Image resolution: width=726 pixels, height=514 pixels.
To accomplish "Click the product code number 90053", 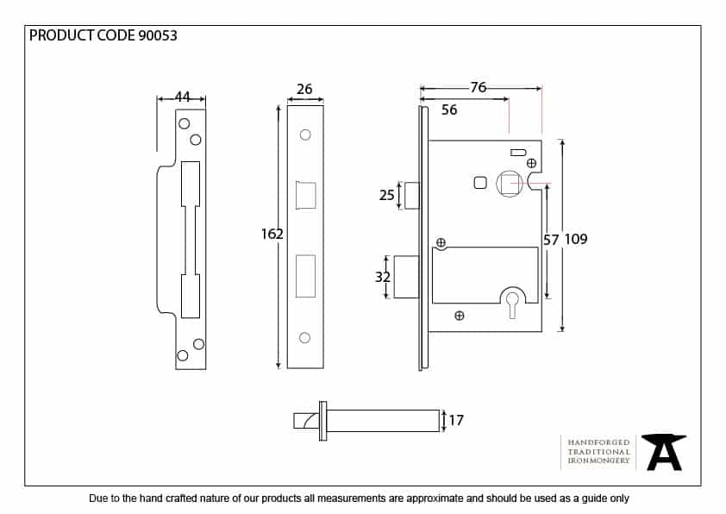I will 158,35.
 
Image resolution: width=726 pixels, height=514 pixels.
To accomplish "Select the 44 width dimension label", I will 182,97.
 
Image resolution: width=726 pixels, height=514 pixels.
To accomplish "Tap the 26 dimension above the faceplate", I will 304,90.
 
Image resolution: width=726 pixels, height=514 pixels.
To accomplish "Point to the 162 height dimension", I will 272,233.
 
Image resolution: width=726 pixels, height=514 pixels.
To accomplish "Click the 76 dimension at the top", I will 479,87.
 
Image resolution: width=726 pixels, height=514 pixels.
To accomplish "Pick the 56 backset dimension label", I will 449,110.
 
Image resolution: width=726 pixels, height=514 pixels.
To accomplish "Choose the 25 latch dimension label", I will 387,195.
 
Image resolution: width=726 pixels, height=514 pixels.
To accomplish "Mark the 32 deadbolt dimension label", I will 383,277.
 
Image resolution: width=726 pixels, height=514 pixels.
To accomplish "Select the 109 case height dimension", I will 575,239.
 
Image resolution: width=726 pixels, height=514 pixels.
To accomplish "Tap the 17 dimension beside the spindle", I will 456,421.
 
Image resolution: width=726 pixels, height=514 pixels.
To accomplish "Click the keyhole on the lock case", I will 513,298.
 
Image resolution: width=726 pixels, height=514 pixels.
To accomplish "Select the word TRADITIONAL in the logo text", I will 598,451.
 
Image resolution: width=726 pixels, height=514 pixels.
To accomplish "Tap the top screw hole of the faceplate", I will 304,135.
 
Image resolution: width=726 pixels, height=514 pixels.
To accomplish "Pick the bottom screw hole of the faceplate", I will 304,337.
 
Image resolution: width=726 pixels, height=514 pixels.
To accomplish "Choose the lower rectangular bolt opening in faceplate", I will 305,275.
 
